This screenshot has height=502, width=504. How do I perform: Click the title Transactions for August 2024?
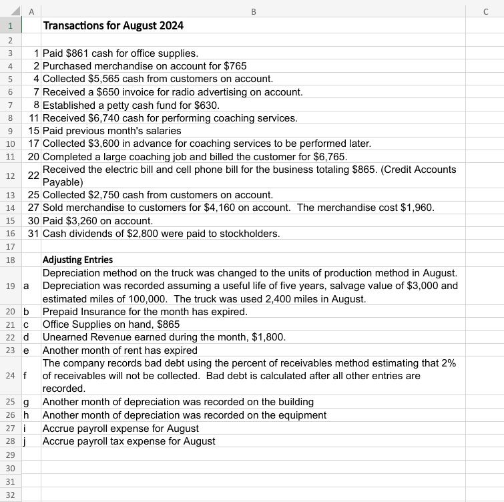coord(113,26)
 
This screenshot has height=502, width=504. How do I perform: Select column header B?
coord(253,9)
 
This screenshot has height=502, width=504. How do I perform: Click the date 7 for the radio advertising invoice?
coord(36,91)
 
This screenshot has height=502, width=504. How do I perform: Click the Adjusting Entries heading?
coord(77,260)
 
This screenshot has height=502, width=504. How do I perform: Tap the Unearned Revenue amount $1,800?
coord(271,337)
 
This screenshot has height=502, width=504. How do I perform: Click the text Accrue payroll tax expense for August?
coord(129,441)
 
